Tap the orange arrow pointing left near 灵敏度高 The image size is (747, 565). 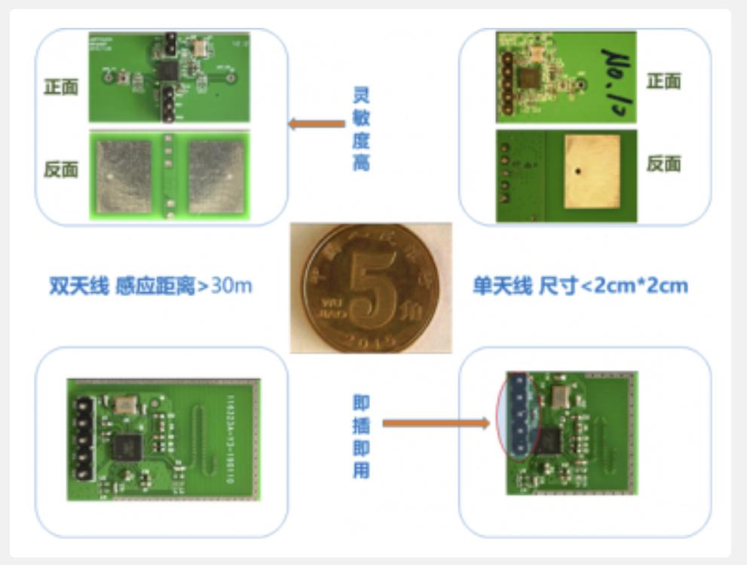[317, 124]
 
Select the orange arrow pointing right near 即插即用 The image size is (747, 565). [436, 423]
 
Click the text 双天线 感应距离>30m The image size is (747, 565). [151, 286]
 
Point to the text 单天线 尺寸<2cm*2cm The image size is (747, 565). [580, 286]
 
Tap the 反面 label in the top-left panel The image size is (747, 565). [61, 169]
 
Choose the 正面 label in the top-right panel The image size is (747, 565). [663, 81]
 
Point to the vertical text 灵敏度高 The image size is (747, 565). [362, 128]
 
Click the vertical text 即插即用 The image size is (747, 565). [362, 437]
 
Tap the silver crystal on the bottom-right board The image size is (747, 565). [560, 398]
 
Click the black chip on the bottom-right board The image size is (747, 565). [551, 441]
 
